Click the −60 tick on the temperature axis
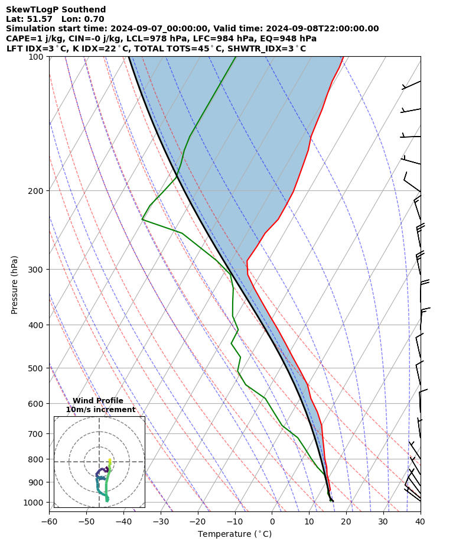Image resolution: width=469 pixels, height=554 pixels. [49, 521]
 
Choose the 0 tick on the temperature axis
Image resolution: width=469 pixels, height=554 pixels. [272, 521]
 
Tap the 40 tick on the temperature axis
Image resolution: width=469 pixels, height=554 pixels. [420, 521]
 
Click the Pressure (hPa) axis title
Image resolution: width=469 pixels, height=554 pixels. [15, 284]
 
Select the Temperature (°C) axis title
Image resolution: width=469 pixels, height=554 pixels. [234, 534]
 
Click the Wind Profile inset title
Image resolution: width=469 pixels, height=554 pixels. [98, 401]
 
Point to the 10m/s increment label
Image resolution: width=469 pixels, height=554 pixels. [100, 410]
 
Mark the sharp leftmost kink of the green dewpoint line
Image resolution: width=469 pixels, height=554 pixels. [142, 219]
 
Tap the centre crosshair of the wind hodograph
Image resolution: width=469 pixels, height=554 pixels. [99, 462]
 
